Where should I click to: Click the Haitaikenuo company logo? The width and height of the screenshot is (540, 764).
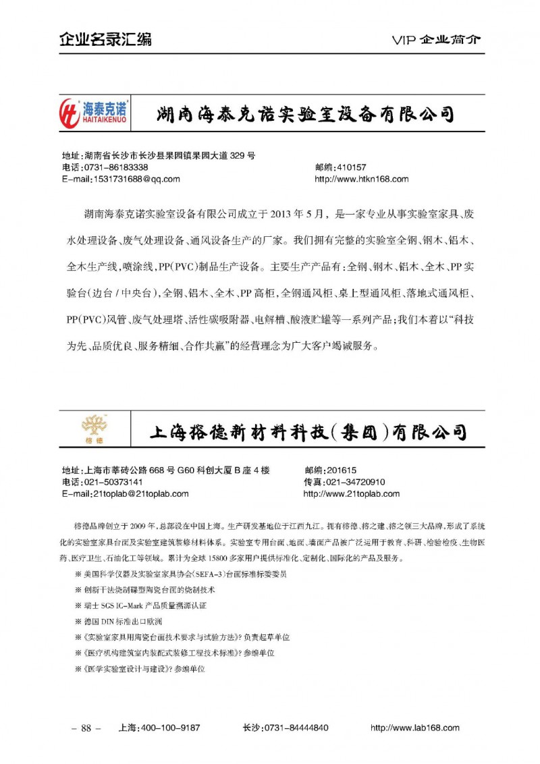click(94, 112)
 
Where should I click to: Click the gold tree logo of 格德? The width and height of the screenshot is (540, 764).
click(93, 427)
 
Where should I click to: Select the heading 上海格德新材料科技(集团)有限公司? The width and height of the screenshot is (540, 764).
click(307, 431)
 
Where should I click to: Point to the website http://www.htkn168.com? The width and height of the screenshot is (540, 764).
click(362, 179)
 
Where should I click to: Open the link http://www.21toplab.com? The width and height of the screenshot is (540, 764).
click(352, 493)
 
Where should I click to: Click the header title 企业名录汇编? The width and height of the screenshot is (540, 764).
click(105, 39)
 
